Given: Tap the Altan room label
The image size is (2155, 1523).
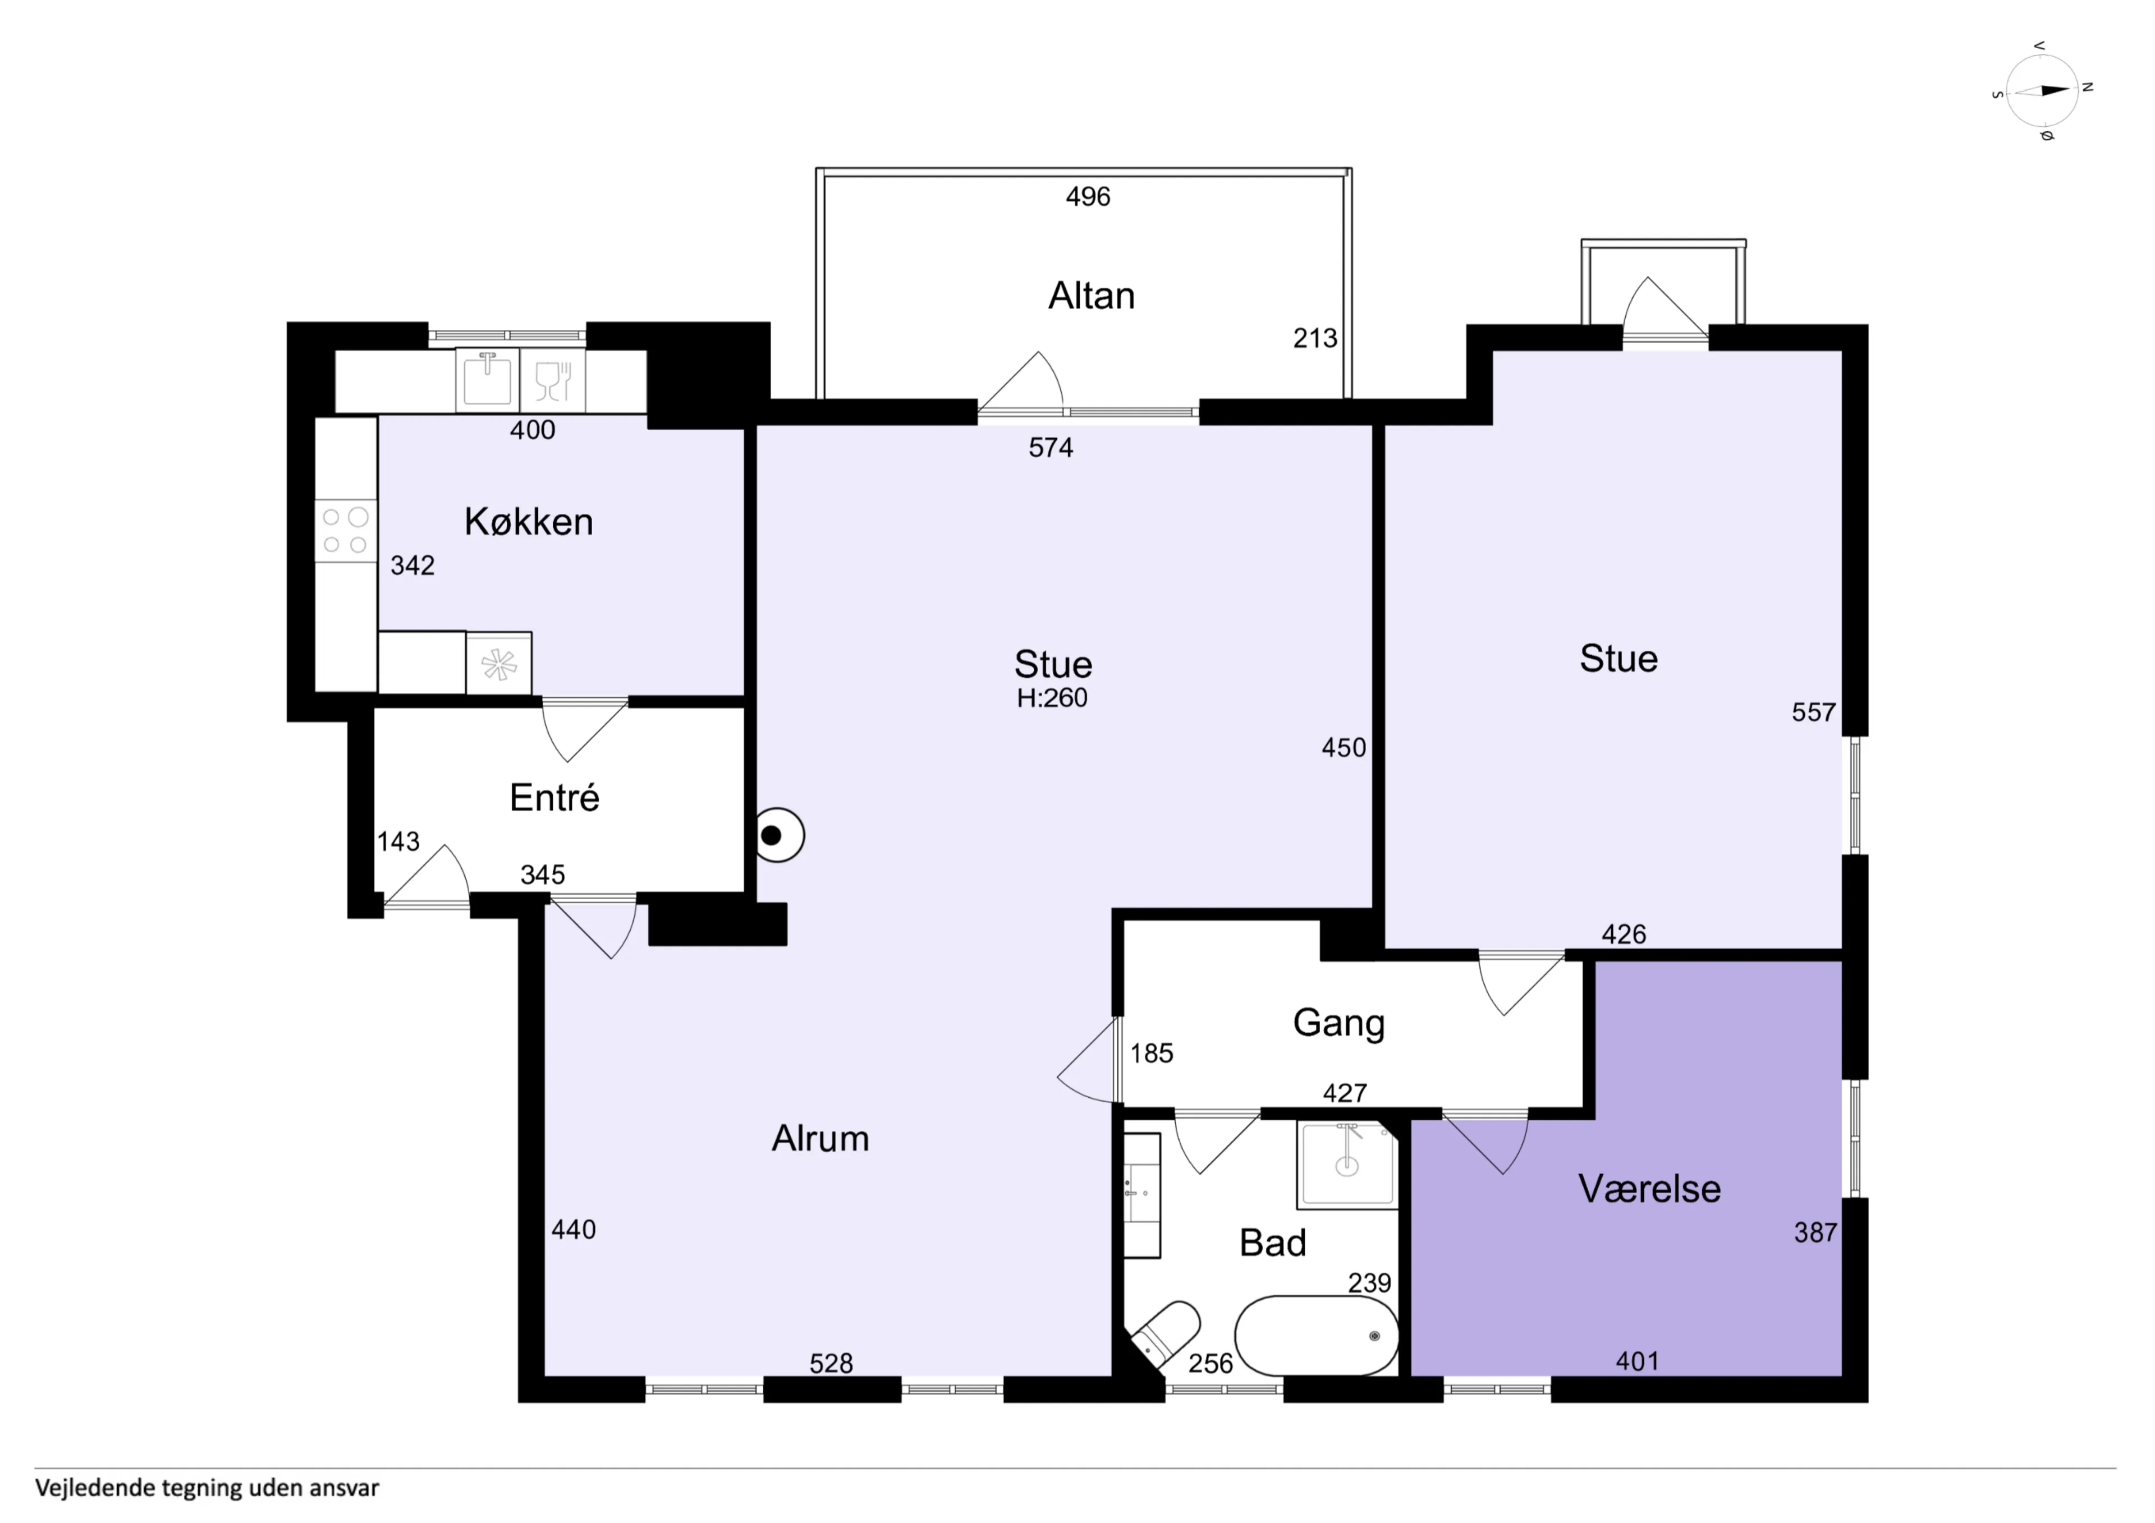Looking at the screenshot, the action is pyautogui.click(x=1090, y=296).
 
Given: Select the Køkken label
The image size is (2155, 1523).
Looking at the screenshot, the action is pyautogui.click(x=529, y=522).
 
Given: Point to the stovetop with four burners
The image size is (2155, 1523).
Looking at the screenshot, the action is pyautogui.click(x=345, y=531).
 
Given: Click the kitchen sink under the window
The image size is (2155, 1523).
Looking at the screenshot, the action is pyautogui.click(x=487, y=380).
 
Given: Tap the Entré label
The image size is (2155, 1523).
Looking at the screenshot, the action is pyautogui.click(x=554, y=798).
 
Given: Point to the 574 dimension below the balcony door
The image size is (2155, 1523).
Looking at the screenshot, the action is pyautogui.click(x=1050, y=448).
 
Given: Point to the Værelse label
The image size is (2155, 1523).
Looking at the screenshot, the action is pyautogui.click(x=1649, y=1189).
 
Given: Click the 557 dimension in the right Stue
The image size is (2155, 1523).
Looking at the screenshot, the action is pyautogui.click(x=1813, y=712).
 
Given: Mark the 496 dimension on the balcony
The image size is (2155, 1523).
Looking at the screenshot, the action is pyautogui.click(x=1088, y=196).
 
